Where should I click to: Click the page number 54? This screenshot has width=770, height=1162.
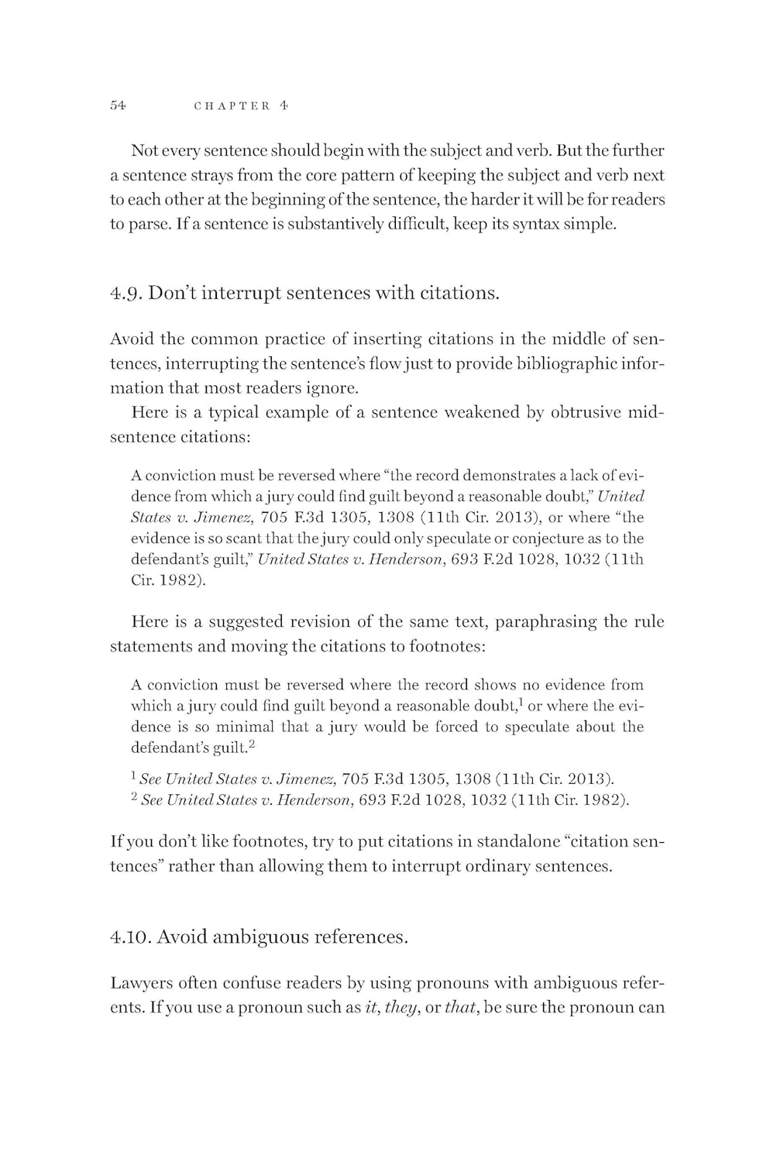(119, 105)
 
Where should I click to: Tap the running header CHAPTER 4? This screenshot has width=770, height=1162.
(241, 105)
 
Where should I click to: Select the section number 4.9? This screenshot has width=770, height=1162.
(125, 294)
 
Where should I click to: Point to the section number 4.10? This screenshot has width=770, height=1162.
(130, 937)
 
